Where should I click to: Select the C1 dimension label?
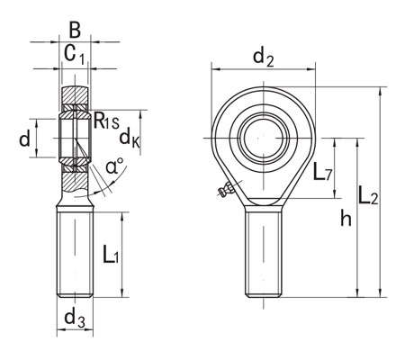[76, 55]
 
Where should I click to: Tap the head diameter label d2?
[263, 59]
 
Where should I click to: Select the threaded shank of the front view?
[265, 252]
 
